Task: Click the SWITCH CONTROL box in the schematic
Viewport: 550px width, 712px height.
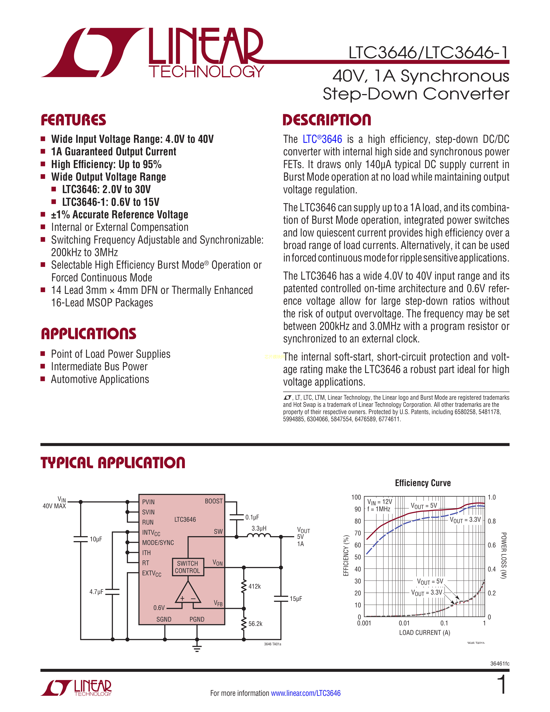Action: (x=188, y=567)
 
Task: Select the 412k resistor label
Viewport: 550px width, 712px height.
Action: (x=255, y=586)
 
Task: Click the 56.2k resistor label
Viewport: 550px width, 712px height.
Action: (x=255, y=624)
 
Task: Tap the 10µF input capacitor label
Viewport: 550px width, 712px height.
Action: (x=96, y=539)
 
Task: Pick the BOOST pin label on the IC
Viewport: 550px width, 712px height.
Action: (x=213, y=501)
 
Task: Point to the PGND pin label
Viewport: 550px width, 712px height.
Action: (x=197, y=619)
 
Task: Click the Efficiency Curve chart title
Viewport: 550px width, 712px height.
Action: (x=423, y=483)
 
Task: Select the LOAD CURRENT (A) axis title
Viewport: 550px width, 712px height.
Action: (x=424, y=632)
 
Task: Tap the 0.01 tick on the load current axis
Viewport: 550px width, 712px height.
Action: (x=404, y=623)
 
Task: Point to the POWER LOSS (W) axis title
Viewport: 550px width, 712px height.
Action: (x=503, y=556)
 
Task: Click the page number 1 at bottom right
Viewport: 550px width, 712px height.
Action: (x=502, y=684)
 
